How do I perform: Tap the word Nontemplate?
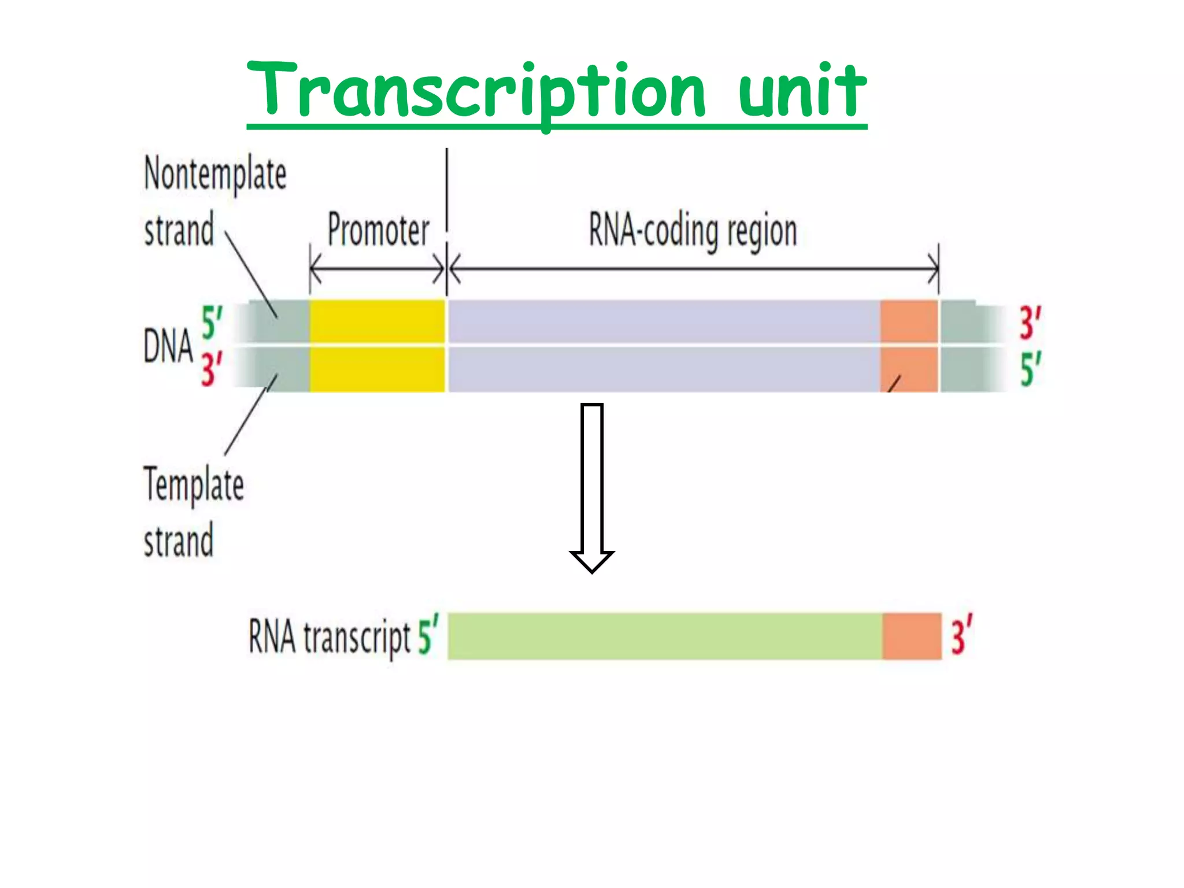tap(215, 173)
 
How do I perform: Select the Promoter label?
tap(378, 230)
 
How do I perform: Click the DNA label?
tap(168, 346)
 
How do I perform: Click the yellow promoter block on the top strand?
tap(377, 321)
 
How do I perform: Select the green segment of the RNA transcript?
tap(665, 636)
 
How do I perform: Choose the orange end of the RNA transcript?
tap(912, 636)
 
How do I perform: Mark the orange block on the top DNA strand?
tap(909, 321)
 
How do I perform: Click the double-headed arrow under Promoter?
tap(377, 269)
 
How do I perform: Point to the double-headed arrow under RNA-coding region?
tap(693, 269)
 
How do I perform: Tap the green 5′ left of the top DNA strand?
tap(212, 322)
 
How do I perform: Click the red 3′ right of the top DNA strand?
tap(1030, 322)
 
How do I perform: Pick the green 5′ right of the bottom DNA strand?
tap(1030, 369)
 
